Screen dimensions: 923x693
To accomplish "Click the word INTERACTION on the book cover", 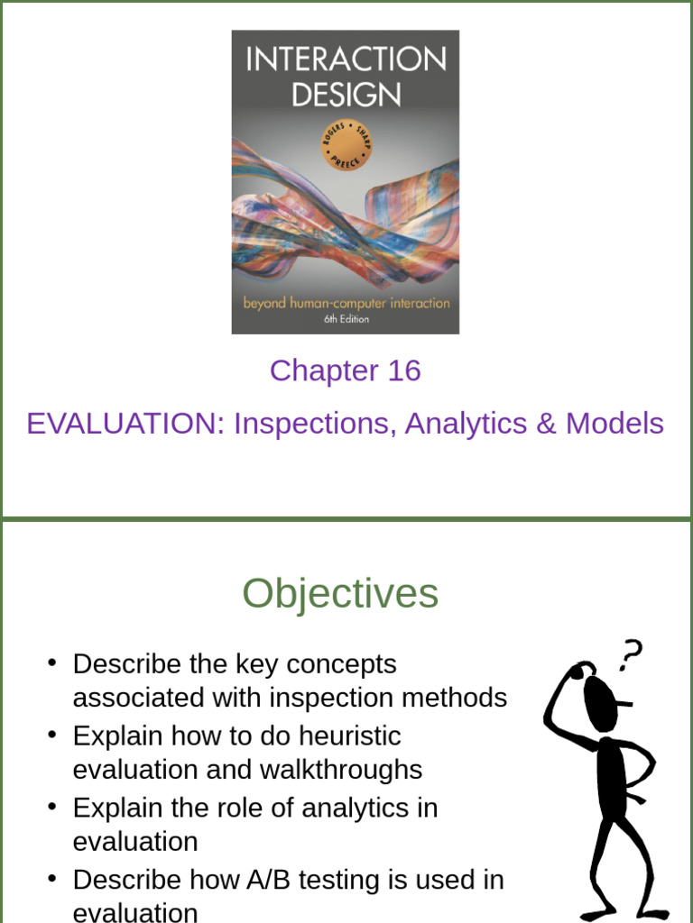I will (346, 59).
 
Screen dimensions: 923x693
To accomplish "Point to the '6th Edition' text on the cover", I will (346, 319).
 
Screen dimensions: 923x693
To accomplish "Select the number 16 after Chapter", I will (403, 370).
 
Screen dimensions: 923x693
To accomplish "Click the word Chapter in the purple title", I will (324, 370).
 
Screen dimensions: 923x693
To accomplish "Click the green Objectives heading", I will (340, 594).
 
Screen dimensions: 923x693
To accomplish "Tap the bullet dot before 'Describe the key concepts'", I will (53, 664).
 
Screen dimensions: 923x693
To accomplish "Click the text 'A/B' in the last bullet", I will (274, 879).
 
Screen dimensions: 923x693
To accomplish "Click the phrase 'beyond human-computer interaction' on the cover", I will (346, 303).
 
